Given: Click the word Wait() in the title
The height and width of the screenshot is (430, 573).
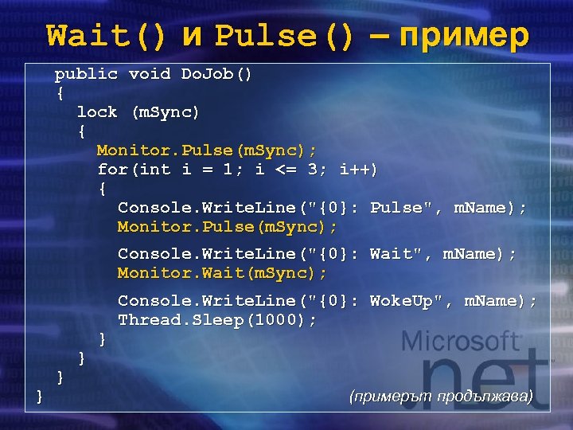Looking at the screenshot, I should tap(107, 35).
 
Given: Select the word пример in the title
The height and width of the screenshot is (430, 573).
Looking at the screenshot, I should tap(462, 35).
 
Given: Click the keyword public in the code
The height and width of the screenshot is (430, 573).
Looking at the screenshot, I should tap(86, 74).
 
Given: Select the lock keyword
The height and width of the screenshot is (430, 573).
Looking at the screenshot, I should tap(96, 112).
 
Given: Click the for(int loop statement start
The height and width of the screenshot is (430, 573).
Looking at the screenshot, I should tap(133, 170).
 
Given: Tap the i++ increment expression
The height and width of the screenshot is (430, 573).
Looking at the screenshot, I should tap(358, 170).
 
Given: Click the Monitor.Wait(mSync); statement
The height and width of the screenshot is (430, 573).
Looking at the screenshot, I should tap(222, 273).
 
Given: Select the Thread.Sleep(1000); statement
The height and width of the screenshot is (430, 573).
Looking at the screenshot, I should tap(216, 319).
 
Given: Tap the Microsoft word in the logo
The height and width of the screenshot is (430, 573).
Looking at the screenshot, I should tap(462, 342).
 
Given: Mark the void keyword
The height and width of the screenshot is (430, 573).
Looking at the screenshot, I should tap(149, 74).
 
